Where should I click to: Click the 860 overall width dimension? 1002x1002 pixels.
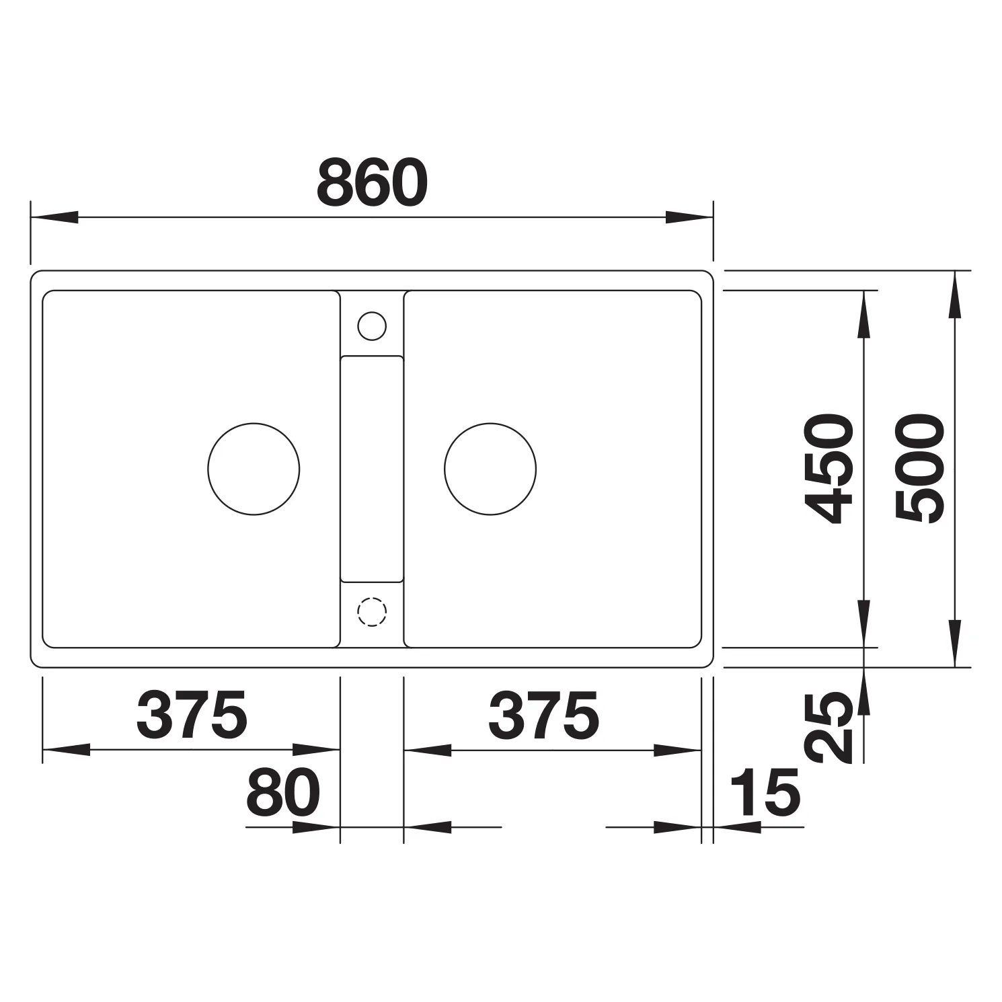(x=372, y=184)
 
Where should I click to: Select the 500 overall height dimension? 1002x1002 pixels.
(x=920, y=469)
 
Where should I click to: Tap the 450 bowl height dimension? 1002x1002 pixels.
(x=829, y=469)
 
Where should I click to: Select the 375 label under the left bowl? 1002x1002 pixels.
(x=192, y=714)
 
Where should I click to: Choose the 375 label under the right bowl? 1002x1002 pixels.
(x=543, y=714)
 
